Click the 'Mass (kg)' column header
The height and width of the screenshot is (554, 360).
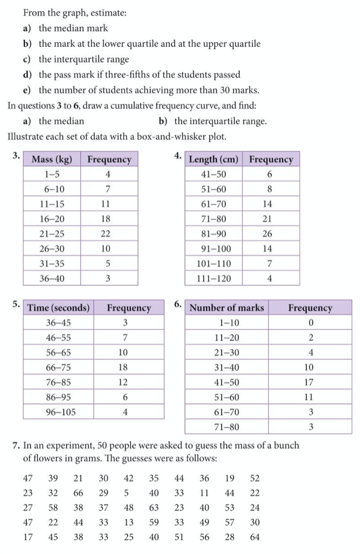pos(52,159)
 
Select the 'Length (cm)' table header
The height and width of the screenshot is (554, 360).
pos(213,159)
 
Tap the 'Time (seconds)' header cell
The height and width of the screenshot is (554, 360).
pos(59,307)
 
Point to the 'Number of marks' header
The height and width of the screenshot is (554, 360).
pos(227,307)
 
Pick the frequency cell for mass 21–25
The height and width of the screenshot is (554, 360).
pos(108,233)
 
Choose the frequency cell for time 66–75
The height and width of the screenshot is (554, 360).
pos(125,367)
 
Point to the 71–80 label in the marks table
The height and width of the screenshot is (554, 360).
pos(227,427)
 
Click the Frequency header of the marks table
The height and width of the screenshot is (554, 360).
pos(310,307)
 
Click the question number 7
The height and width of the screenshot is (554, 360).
pos(15,446)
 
